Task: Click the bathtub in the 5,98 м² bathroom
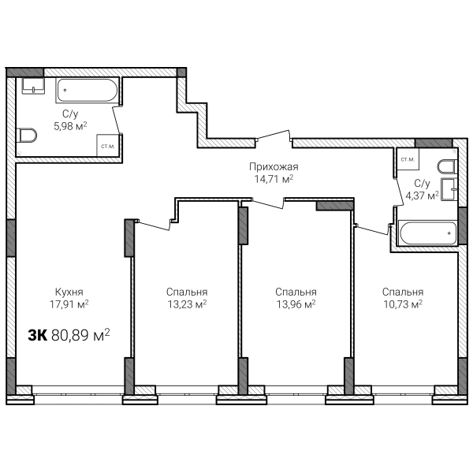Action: pyautogui.click(x=87, y=91)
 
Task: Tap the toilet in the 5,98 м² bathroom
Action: pyautogui.click(x=27, y=135)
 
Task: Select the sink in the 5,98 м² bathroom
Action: pyautogui.click(x=33, y=86)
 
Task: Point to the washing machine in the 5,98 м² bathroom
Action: pyautogui.click(x=108, y=145)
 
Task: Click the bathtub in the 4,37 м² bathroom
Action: pyautogui.click(x=428, y=233)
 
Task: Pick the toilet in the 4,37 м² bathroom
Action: pyautogui.click(x=448, y=166)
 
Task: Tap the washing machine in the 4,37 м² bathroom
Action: pyautogui.click(x=408, y=159)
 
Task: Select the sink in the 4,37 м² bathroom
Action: pyautogui.click(x=449, y=189)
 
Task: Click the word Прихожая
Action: pyautogui.click(x=274, y=167)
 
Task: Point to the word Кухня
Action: pyautogui.click(x=69, y=292)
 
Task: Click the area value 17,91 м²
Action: pyautogui.click(x=69, y=304)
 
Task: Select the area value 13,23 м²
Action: pyautogui.click(x=187, y=304)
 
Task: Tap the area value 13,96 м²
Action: pyautogui.click(x=296, y=304)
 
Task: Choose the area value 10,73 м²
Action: pyautogui.click(x=403, y=304)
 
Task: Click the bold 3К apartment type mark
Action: pyautogui.click(x=38, y=335)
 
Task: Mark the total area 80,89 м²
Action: pyautogui.click(x=80, y=335)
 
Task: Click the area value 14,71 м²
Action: pyautogui.click(x=274, y=179)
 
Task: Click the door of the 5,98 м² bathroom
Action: pyautogui.click(x=117, y=120)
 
